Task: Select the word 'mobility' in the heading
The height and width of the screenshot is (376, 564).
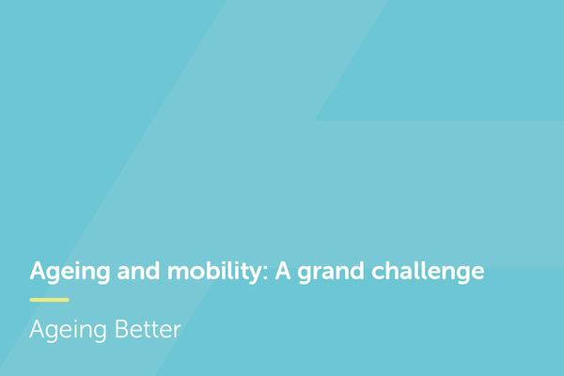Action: point(205,273)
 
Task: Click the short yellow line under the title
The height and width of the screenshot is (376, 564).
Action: point(49,300)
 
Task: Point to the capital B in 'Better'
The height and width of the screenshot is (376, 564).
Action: point(122,330)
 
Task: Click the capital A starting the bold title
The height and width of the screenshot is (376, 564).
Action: point(39,272)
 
